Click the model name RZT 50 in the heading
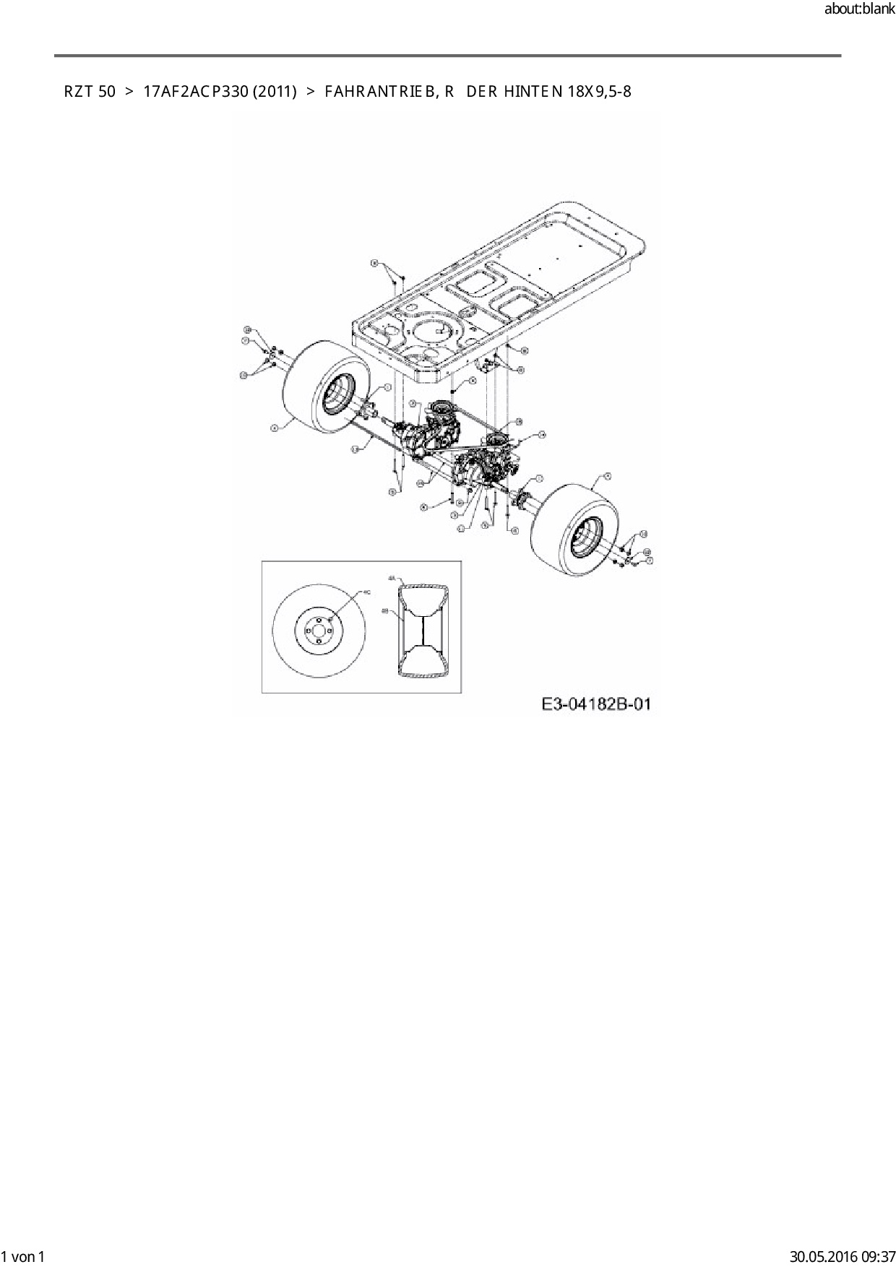point(90,92)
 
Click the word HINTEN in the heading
point(533,92)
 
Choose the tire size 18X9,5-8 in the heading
point(600,92)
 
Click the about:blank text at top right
point(859,9)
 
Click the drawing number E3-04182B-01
point(595,704)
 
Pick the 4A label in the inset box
point(391,579)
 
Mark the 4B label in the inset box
point(384,611)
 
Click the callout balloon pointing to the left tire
point(275,428)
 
